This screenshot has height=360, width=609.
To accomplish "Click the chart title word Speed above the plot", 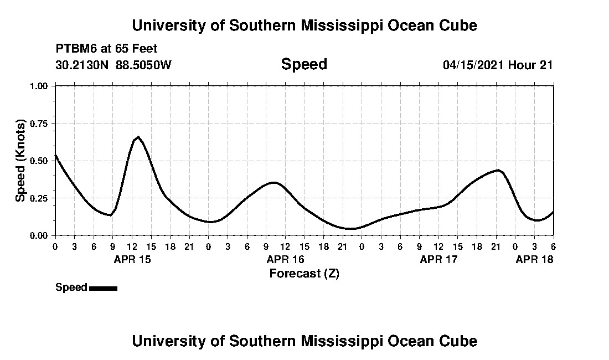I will pos(304,64).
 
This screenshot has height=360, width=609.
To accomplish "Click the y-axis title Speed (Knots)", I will pos(20,160).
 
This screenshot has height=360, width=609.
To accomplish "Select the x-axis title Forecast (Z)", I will pos(304,273).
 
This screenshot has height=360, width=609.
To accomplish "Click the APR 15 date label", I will pos(132,259).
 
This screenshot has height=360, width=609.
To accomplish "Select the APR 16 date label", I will pos(285,259).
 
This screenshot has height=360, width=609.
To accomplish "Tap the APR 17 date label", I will pos(438,259).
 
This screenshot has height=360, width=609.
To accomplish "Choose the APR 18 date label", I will pos(534,259).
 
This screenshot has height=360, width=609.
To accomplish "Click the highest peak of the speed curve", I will pos(138,137).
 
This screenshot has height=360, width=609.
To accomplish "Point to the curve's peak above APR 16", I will pos(273,182).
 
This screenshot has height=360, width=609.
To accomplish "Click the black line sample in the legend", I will pos(103,288).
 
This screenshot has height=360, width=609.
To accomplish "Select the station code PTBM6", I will pos(74,49).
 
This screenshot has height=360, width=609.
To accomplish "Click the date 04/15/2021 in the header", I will pos(473,65).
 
